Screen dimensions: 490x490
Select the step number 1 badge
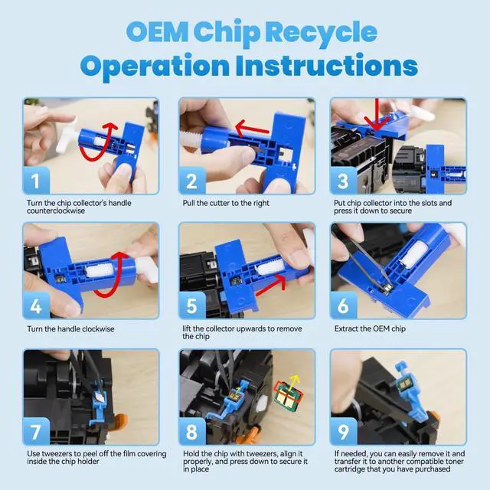[36, 181]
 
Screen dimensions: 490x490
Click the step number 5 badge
[191, 305]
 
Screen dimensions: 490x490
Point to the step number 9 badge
[343, 431]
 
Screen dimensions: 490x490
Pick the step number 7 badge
[36, 431]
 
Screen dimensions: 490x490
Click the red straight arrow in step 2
[252, 129]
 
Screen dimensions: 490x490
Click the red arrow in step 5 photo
[270, 286]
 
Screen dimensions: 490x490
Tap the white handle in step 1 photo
[67, 136]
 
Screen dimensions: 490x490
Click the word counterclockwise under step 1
[56, 211]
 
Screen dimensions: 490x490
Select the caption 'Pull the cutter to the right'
[226, 203]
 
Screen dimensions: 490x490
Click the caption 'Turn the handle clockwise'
[70, 328]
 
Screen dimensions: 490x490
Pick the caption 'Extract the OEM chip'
[370, 328]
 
